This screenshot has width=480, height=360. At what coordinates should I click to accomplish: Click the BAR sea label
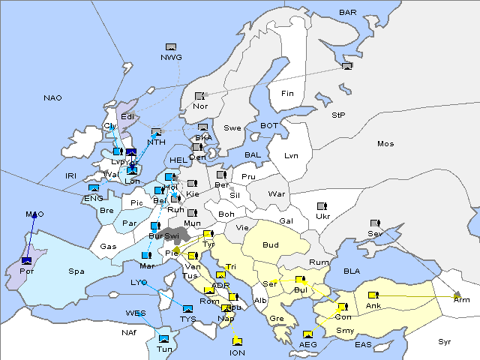[x=348, y=13]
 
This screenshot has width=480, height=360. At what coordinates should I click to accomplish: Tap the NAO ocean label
[x=52, y=98]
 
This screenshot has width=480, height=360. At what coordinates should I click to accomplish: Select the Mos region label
[x=385, y=143]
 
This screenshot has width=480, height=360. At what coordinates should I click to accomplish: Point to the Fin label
[x=287, y=94]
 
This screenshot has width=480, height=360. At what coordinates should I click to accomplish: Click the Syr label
[x=445, y=341]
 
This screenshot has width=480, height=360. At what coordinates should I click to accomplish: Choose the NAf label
[x=108, y=331]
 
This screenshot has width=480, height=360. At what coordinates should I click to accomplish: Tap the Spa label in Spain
[x=76, y=271]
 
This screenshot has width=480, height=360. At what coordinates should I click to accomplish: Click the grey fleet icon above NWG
[x=171, y=47]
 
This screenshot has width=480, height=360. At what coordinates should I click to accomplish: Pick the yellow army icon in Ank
[x=373, y=294]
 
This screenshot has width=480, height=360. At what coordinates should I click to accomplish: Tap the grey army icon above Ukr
[x=322, y=205]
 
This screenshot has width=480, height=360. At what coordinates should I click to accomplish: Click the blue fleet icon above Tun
[x=164, y=338]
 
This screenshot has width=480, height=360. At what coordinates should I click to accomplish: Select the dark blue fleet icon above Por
[x=27, y=260]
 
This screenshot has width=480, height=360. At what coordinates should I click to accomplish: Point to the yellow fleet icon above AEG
[x=307, y=334]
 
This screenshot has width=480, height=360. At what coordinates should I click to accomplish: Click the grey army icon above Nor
[x=199, y=96]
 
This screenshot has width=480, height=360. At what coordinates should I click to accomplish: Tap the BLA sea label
[x=352, y=271]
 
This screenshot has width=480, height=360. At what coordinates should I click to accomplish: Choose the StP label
[x=338, y=115]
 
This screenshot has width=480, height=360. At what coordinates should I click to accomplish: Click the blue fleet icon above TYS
[x=187, y=308]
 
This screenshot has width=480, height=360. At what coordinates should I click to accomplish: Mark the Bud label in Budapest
[x=271, y=245]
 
